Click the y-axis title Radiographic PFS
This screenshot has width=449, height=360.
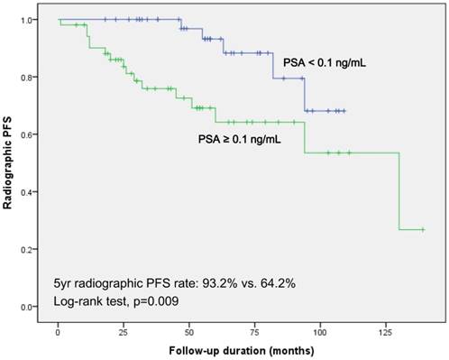[12, 162]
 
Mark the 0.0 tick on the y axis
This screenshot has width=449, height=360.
[33, 307]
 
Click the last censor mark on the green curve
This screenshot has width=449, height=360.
[422, 230]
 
